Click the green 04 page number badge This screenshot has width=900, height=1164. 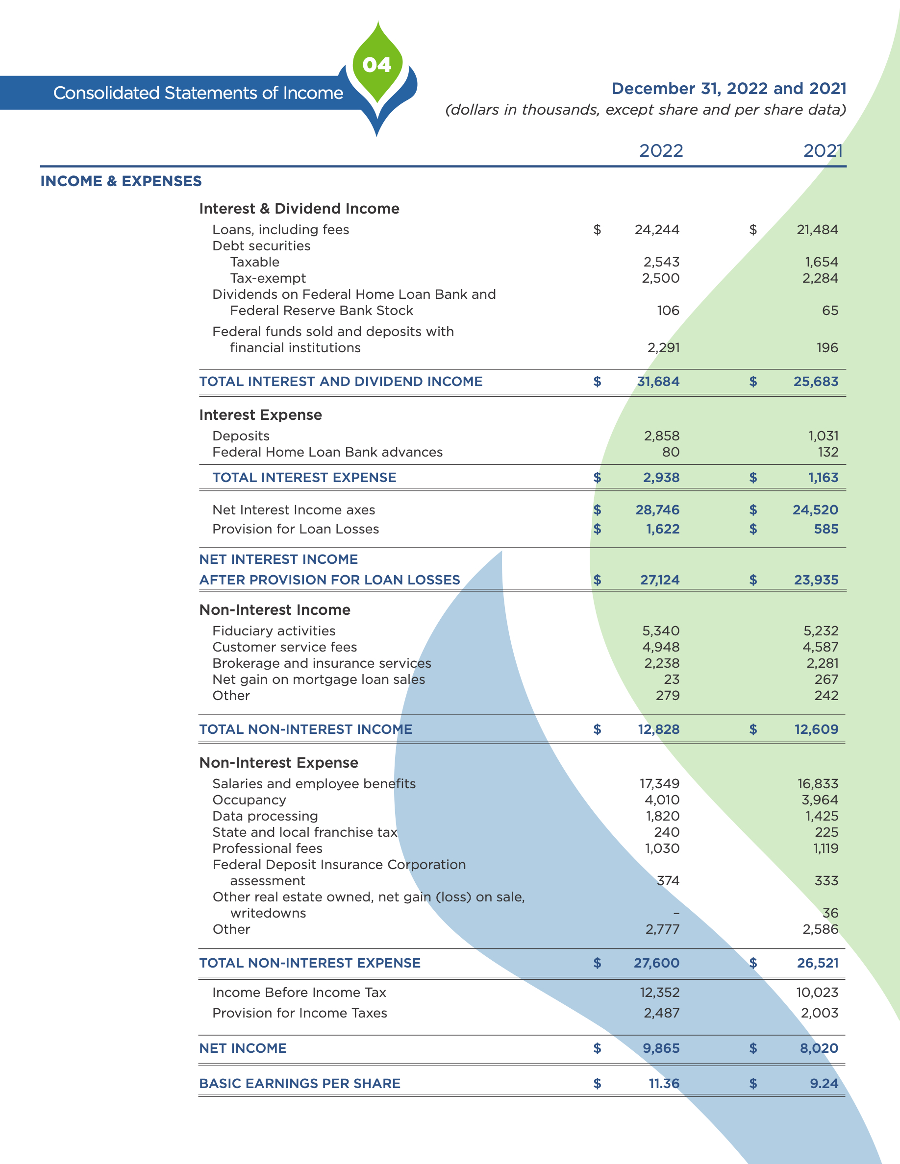pyautogui.click(x=377, y=65)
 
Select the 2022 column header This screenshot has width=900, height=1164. pyautogui.click(x=661, y=151)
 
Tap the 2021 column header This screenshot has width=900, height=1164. pyautogui.click(x=823, y=151)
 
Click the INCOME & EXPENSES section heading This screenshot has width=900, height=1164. pyautogui.click(x=121, y=181)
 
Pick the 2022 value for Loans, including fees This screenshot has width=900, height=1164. pyautogui.click(x=657, y=230)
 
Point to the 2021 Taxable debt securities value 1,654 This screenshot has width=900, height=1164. pyautogui.click(x=821, y=262)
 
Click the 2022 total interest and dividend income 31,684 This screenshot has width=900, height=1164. pyautogui.click(x=658, y=382)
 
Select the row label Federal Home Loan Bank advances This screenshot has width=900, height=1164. pyautogui.click(x=327, y=452)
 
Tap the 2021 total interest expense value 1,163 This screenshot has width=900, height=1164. pyautogui.click(x=823, y=478)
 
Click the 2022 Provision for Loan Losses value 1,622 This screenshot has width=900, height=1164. pyautogui.click(x=663, y=529)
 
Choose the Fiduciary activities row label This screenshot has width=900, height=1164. pyautogui.click(x=274, y=631)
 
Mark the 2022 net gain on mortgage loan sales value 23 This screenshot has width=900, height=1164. pyautogui.click(x=671, y=679)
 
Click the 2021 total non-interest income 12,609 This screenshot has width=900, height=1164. pyautogui.click(x=816, y=729)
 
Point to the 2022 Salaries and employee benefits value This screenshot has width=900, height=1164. pyautogui.click(x=659, y=784)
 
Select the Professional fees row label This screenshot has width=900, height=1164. pyautogui.click(x=267, y=849)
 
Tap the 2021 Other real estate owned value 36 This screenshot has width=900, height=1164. pyautogui.click(x=830, y=913)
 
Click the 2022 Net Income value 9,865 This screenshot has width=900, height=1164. pyautogui.click(x=661, y=1048)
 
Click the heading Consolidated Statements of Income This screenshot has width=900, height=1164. pyautogui.click(x=198, y=93)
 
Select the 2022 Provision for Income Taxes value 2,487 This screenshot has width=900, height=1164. pyautogui.click(x=662, y=1013)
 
